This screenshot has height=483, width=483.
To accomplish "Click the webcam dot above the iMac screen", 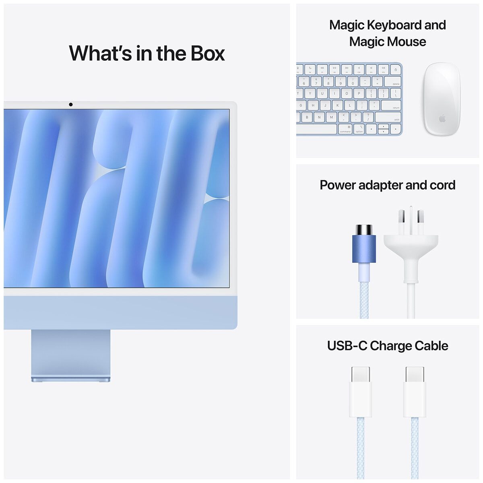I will click(71, 105).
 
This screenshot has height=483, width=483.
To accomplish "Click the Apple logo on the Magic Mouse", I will click(442, 119).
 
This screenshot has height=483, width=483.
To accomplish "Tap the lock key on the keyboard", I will click(395, 69).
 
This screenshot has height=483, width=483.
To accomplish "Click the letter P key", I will click(359, 93).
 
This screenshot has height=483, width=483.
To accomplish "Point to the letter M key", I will click(331, 118).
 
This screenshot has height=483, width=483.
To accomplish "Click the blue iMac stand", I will click(70, 354).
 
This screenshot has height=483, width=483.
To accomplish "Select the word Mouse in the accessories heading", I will click(407, 42).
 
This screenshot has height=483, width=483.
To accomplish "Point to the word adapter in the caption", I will click(381, 185).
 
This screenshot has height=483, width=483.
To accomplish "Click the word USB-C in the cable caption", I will click(347, 346).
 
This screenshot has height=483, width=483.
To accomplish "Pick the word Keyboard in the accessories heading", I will click(393, 25).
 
